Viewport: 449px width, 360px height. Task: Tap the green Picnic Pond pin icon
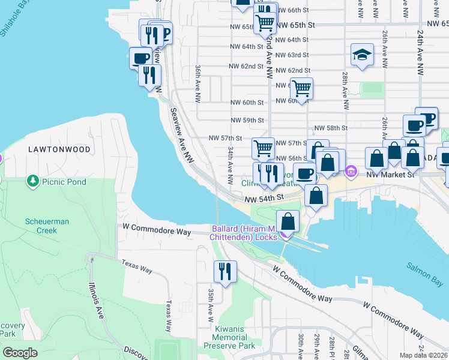tap(32, 181)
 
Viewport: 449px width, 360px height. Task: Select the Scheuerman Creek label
tap(47, 226)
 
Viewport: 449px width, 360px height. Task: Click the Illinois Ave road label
tap(95, 301)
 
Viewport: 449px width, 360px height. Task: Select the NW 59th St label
tap(247, 120)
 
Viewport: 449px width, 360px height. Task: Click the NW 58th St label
tap(331, 128)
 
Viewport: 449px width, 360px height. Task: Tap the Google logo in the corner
tap(20, 353)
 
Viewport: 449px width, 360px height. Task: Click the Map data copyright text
tap(424, 355)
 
